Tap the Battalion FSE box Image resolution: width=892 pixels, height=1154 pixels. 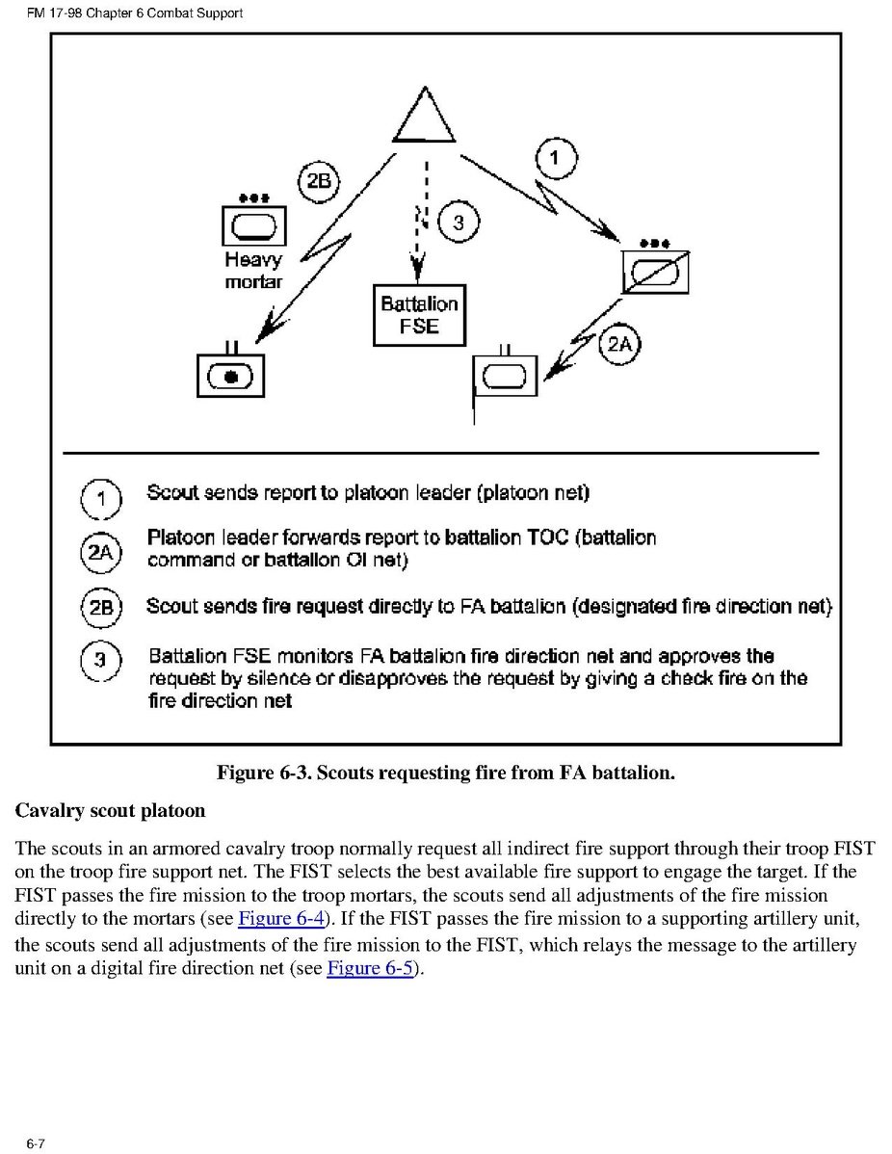419,315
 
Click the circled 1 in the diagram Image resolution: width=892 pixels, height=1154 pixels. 555,159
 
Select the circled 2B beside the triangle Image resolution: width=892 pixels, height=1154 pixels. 318,182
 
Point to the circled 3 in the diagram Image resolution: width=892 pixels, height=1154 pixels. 458,223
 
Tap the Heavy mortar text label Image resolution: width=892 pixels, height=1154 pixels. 253,271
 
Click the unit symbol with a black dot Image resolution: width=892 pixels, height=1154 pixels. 230,376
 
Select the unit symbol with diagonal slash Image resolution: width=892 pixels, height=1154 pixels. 654,274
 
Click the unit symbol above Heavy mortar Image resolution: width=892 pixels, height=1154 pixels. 252,227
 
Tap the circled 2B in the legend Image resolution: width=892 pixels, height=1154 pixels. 101,608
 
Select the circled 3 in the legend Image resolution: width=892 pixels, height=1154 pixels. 100,663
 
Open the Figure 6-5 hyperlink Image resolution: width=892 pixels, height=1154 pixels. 369,968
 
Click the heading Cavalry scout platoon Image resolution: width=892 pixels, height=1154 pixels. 110,810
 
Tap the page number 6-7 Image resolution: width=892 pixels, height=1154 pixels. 37,1143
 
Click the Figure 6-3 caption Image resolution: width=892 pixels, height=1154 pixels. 445,773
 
